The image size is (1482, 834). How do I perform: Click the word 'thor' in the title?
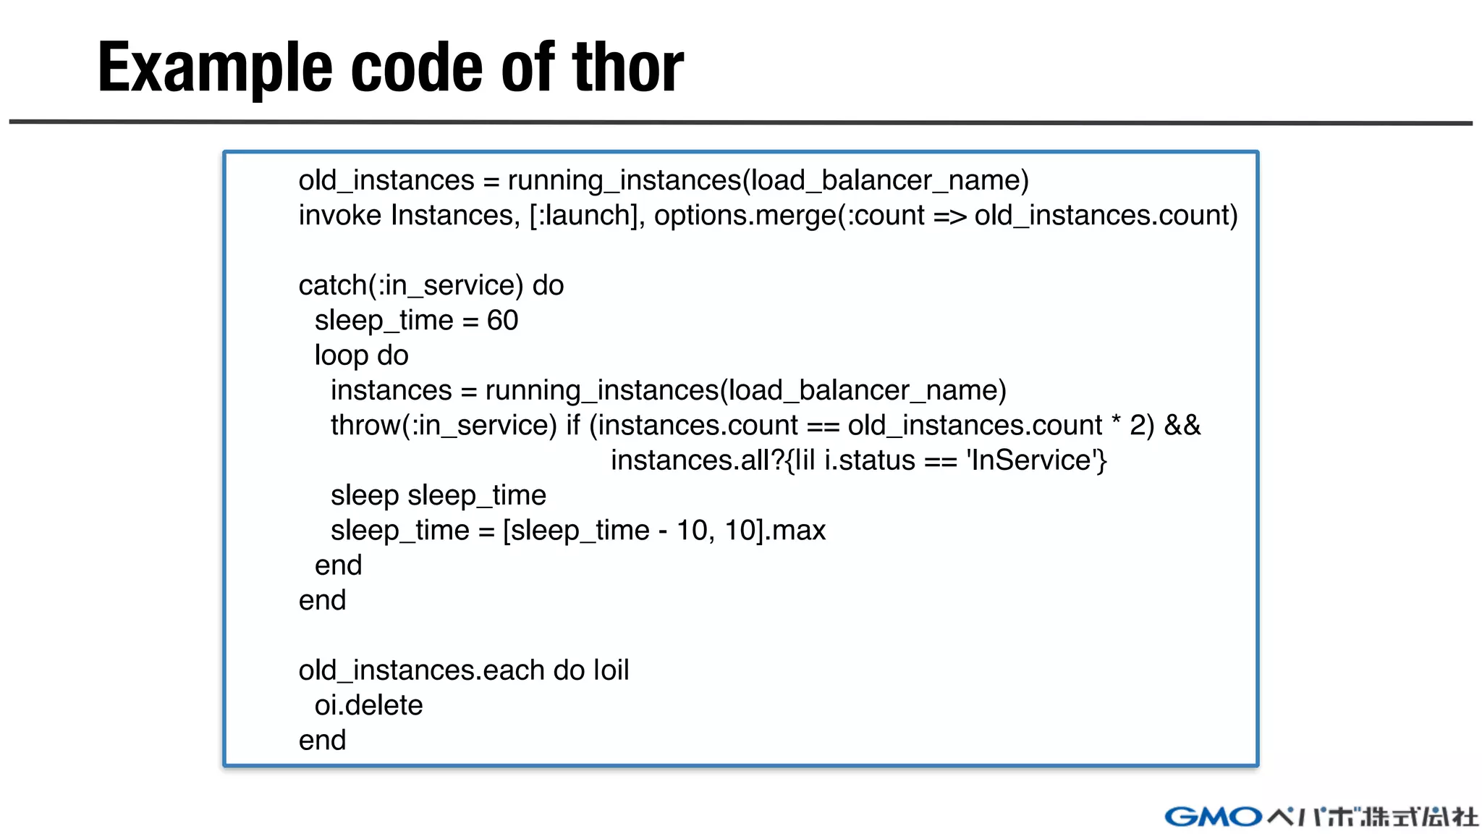627,67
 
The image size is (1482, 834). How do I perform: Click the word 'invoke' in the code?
339,215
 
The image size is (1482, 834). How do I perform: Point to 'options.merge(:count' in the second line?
789,216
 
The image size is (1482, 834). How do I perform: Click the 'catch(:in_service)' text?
410,285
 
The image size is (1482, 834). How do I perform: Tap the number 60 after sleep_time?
502,320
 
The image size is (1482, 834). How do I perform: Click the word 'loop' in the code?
342,355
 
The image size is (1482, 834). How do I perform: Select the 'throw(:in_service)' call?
444,425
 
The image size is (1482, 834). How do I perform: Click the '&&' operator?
1182,425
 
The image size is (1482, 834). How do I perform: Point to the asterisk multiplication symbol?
1116,422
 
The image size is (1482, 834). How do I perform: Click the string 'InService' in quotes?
1030,460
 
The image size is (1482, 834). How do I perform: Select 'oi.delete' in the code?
368,705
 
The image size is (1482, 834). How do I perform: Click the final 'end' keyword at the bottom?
322,740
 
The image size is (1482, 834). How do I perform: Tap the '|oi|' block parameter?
611,670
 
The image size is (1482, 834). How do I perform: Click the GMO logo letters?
1213,817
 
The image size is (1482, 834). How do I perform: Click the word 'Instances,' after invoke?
455,216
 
